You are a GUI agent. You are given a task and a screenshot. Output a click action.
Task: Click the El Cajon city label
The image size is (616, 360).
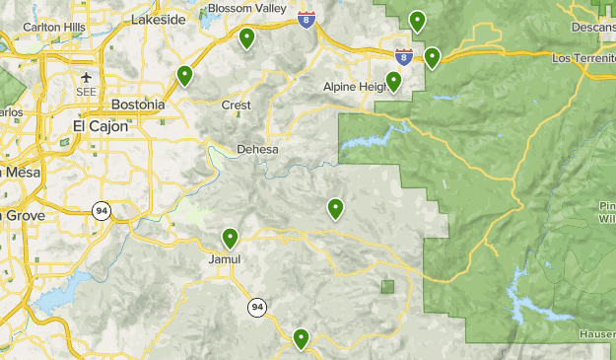(x=101, y=126)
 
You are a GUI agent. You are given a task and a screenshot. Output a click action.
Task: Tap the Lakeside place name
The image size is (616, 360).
(x=159, y=19)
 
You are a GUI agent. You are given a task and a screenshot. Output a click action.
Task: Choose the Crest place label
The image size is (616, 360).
(x=236, y=105)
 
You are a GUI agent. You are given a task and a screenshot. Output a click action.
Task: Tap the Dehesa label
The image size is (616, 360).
(x=257, y=150)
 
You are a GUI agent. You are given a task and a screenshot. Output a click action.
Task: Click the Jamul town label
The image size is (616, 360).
(x=226, y=259)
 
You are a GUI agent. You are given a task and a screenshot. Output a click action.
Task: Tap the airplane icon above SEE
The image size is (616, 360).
(x=88, y=77)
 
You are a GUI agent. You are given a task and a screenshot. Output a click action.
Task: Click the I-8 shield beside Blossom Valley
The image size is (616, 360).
(x=308, y=19)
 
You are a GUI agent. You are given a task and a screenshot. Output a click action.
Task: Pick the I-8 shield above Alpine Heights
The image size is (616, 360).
(x=403, y=56)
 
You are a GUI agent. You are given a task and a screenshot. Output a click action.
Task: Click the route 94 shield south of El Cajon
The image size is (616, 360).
(x=102, y=210)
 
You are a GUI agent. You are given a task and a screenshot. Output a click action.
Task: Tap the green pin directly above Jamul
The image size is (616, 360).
(x=231, y=238)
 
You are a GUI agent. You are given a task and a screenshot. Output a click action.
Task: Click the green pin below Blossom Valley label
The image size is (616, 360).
(x=246, y=38)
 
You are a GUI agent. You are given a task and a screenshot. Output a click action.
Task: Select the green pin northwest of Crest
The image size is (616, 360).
(x=184, y=75)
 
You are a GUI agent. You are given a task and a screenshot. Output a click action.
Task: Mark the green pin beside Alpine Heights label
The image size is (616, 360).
(x=394, y=81)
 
